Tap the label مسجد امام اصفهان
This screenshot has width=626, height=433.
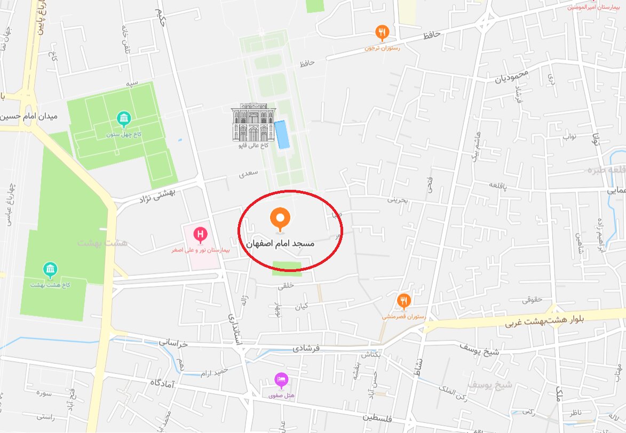click(280, 243)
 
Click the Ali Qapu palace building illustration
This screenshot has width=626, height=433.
click(252, 123)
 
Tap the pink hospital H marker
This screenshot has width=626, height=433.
click(201, 234)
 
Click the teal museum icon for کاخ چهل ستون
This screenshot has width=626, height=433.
click(124, 118)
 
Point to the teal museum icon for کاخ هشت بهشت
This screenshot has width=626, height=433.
click(50, 270)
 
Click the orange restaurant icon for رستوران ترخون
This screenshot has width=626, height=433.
click(382, 33)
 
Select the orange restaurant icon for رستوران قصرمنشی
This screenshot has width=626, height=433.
click(403, 301)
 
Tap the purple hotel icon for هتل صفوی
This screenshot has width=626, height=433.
click(281, 380)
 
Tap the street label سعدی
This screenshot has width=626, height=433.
click(249, 173)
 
